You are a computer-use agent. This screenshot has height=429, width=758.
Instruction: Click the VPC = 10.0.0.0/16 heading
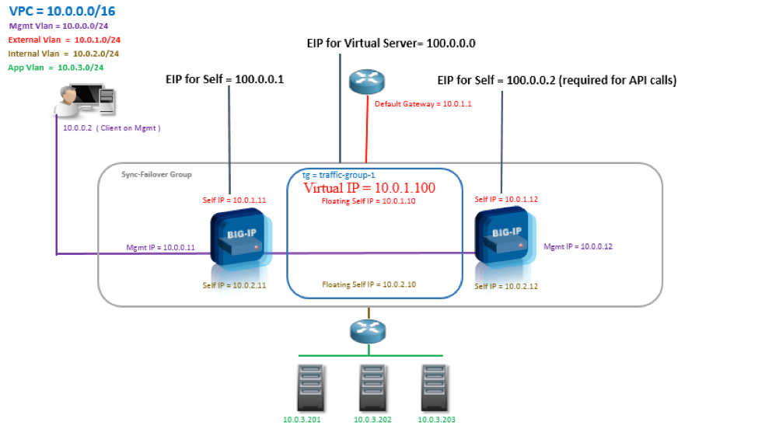tap(63, 11)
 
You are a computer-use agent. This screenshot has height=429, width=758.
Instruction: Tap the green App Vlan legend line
tap(56, 68)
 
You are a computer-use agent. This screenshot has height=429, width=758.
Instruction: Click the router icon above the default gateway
tap(366, 81)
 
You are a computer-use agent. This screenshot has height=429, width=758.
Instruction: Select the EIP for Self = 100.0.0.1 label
tap(225, 78)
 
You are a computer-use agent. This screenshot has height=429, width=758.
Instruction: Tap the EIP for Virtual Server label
tap(390, 44)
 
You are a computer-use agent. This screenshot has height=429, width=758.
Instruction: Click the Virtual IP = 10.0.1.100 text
tap(369, 188)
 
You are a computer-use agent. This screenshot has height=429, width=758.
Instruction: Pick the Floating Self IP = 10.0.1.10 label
tap(369, 201)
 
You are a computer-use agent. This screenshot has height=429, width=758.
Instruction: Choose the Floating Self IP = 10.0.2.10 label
tap(369, 284)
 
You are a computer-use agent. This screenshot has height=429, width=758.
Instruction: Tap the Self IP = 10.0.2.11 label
tap(234, 285)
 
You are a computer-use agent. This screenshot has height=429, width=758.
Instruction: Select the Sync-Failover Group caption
tap(156, 175)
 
